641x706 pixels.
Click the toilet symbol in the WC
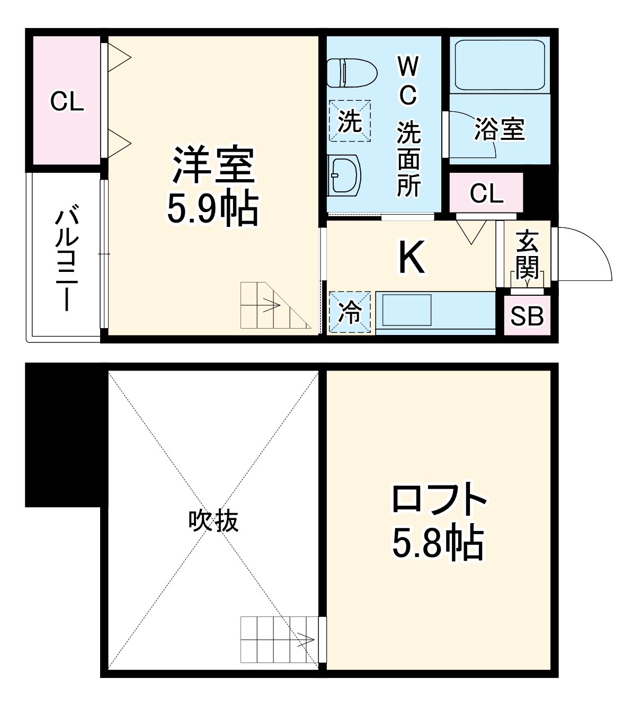(351, 73)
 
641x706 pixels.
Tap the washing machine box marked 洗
(350, 121)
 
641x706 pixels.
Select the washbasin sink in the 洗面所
(343, 175)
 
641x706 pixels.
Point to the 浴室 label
(499, 129)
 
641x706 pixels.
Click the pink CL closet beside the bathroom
(486, 193)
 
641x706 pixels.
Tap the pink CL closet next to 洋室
(67, 101)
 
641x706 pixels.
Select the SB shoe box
(527, 316)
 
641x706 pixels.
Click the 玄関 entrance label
(527, 254)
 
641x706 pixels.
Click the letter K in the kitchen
(411, 258)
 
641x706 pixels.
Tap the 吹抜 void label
(213, 521)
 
